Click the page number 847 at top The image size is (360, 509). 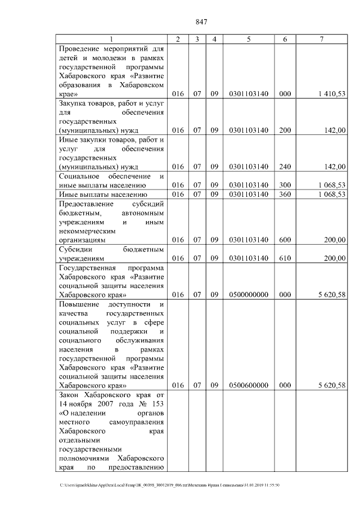click(x=202, y=22)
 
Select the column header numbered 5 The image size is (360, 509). click(x=248, y=39)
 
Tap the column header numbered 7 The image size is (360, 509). click(x=321, y=39)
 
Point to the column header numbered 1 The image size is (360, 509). click(x=111, y=39)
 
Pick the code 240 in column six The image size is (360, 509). click(x=285, y=166)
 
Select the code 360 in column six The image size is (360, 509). click(x=285, y=195)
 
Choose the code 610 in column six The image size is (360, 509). click(x=285, y=258)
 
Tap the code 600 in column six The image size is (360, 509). click(x=285, y=240)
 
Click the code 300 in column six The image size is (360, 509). click(x=285, y=185)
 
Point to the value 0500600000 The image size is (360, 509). click(x=248, y=385)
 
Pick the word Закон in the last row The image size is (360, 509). click(x=69, y=395)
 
